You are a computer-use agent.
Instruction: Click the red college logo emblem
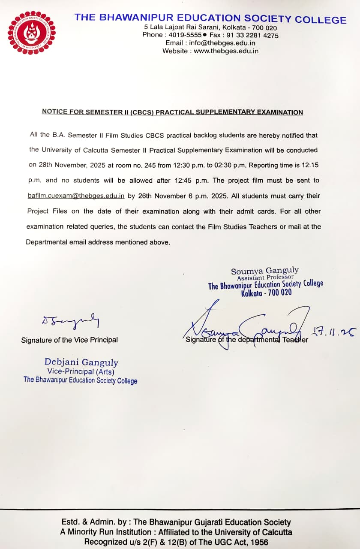[31, 33]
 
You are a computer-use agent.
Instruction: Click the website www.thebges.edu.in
[226, 51]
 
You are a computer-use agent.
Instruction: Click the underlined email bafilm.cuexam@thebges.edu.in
[76, 196]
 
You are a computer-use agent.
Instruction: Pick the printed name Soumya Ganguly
[265, 271]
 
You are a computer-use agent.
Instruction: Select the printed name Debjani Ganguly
[81, 363]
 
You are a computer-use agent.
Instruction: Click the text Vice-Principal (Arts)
[81, 372]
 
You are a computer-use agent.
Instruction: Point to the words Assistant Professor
[265, 278]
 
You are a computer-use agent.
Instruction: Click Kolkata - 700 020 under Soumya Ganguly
[266, 293]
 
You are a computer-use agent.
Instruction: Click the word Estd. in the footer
[71, 522]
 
